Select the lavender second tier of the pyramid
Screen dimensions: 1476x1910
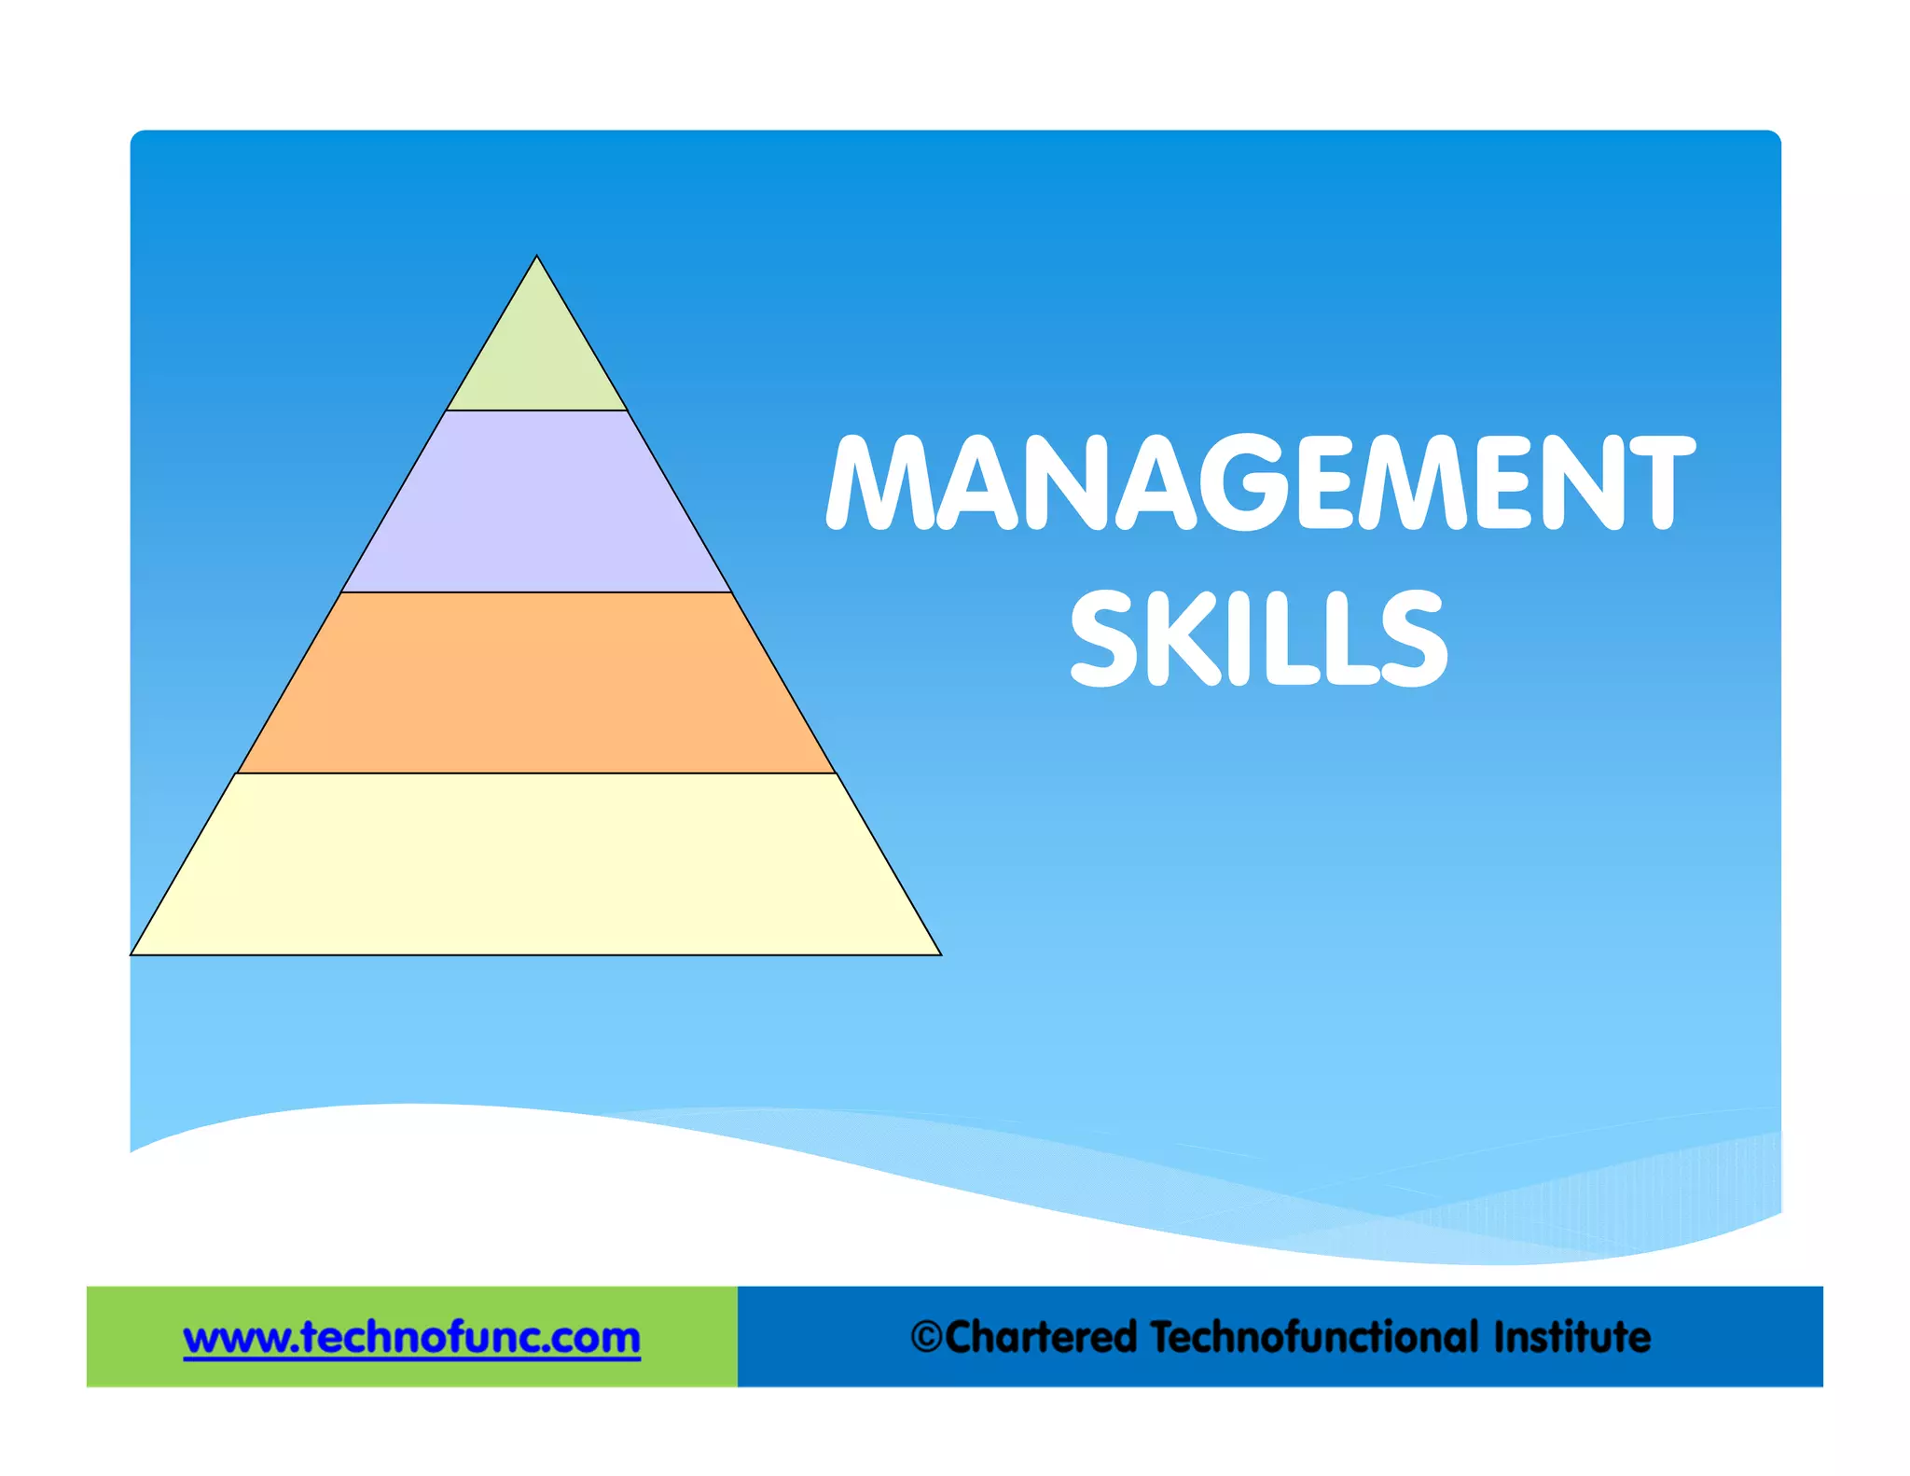pos(536,501)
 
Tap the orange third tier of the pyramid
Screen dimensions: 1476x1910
pos(536,683)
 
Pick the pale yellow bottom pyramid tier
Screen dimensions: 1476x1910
pos(536,864)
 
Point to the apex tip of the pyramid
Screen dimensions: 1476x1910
pos(536,258)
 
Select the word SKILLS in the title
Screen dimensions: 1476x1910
pos(1259,638)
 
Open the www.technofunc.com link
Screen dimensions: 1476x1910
pos(411,1338)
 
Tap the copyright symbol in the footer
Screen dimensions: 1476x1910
pos(926,1337)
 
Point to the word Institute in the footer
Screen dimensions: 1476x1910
pos(1571,1337)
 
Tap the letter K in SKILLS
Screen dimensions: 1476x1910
pos(1177,638)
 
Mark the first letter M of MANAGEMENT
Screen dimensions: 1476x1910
pos(879,482)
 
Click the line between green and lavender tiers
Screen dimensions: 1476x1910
pos(536,411)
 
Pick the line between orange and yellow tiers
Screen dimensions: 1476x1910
pos(536,773)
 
